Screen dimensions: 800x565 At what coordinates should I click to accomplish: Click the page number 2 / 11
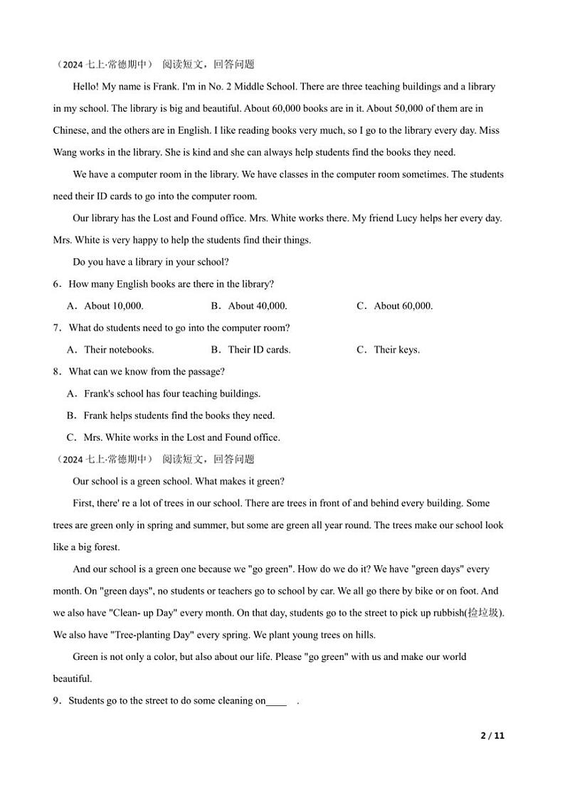click(492, 736)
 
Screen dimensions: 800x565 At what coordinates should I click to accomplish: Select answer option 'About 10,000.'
click(113, 306)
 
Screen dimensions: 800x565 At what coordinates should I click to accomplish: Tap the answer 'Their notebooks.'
click(118, 349)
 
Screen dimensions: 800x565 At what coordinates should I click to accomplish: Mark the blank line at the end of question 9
click(277, 701)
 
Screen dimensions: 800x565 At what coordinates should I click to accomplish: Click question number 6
click(56, 284)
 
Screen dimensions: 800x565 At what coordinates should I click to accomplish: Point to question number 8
click(56, 372)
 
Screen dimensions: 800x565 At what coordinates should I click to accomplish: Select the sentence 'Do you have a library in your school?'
click(150, 262)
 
